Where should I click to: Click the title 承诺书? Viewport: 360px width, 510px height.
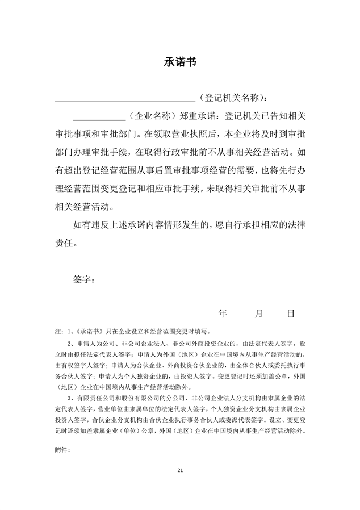click(x=179, y=63)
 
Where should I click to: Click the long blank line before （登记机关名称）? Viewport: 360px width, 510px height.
click(x=124, y=99)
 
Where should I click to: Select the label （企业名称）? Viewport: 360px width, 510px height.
click(x=152, y=116)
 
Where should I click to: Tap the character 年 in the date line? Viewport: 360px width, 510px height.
click(x=223, y=313)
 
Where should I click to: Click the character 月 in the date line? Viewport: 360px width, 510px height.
click(x=258, y=313)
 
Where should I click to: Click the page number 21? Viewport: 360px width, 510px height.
click(x=180, y=470)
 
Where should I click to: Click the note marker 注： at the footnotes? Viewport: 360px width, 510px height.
click(x=57, y=330)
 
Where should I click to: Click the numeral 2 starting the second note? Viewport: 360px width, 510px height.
click(x=69, y=344)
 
